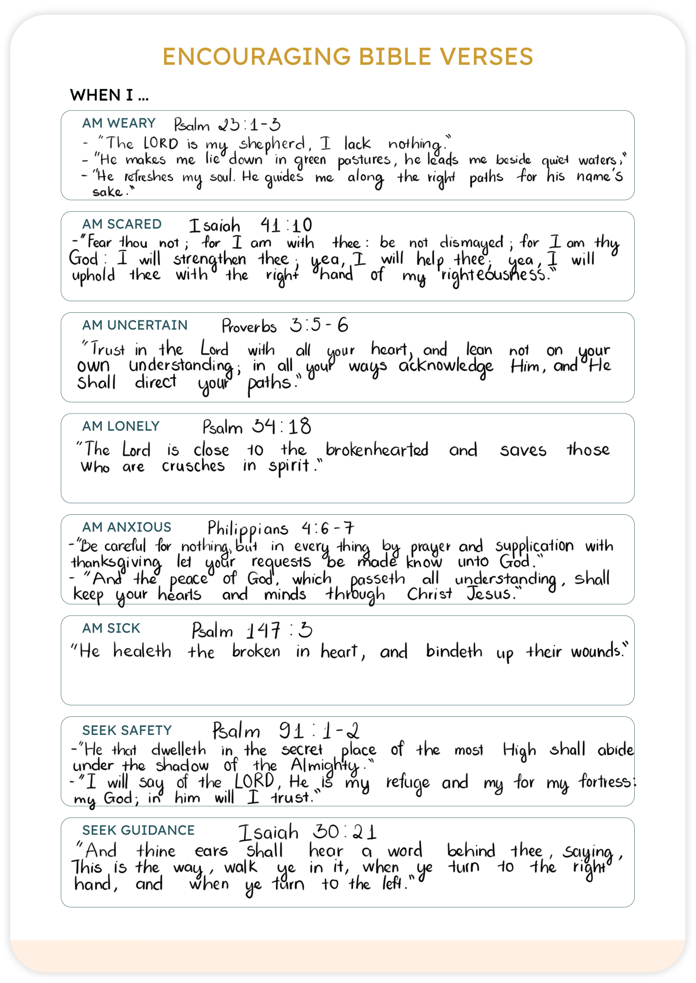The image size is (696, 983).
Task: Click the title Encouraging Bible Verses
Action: point(348,57)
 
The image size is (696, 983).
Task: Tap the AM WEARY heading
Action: point(119,123)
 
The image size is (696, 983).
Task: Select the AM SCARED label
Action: point(122,224)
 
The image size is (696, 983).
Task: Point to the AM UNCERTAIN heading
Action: point(135,325)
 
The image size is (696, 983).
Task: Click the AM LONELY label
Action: point(121,426)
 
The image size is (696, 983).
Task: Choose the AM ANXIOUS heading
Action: point(127,527)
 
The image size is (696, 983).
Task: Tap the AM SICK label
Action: point(111,628)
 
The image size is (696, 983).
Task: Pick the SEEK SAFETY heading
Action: point(127,730)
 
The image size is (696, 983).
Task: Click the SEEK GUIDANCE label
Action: point(139,830)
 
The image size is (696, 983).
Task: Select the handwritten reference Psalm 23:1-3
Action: point(227,125)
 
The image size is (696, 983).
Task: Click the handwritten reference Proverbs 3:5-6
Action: point(285,325)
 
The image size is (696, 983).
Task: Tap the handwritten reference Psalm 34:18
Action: point(257,427)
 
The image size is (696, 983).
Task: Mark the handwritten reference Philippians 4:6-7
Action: point(280,528)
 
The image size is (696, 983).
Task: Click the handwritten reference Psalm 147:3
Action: point(252,631)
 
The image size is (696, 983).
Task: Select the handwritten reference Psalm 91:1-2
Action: point(286,731)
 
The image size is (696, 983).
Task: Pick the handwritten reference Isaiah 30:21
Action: point(307,832)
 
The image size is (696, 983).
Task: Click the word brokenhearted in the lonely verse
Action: point(377,449)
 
